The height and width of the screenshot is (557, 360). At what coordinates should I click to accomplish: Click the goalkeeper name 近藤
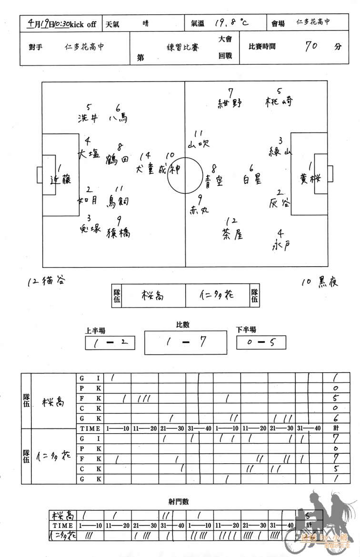[x=60, y=179]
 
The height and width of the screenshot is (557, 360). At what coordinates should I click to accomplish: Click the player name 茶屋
[x=232, y=234]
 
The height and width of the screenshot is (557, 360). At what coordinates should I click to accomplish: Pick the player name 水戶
[x=280, y=246]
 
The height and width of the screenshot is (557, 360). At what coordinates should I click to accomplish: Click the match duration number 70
[x=312, y=46]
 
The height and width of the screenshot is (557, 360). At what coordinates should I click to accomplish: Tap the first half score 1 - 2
[x=110, y=342]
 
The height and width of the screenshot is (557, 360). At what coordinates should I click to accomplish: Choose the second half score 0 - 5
[x=261, y=342]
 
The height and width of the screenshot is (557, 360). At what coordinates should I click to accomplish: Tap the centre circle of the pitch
[x=184, y=176]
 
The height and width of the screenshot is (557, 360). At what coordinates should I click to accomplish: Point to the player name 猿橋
[x=118, y=233]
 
